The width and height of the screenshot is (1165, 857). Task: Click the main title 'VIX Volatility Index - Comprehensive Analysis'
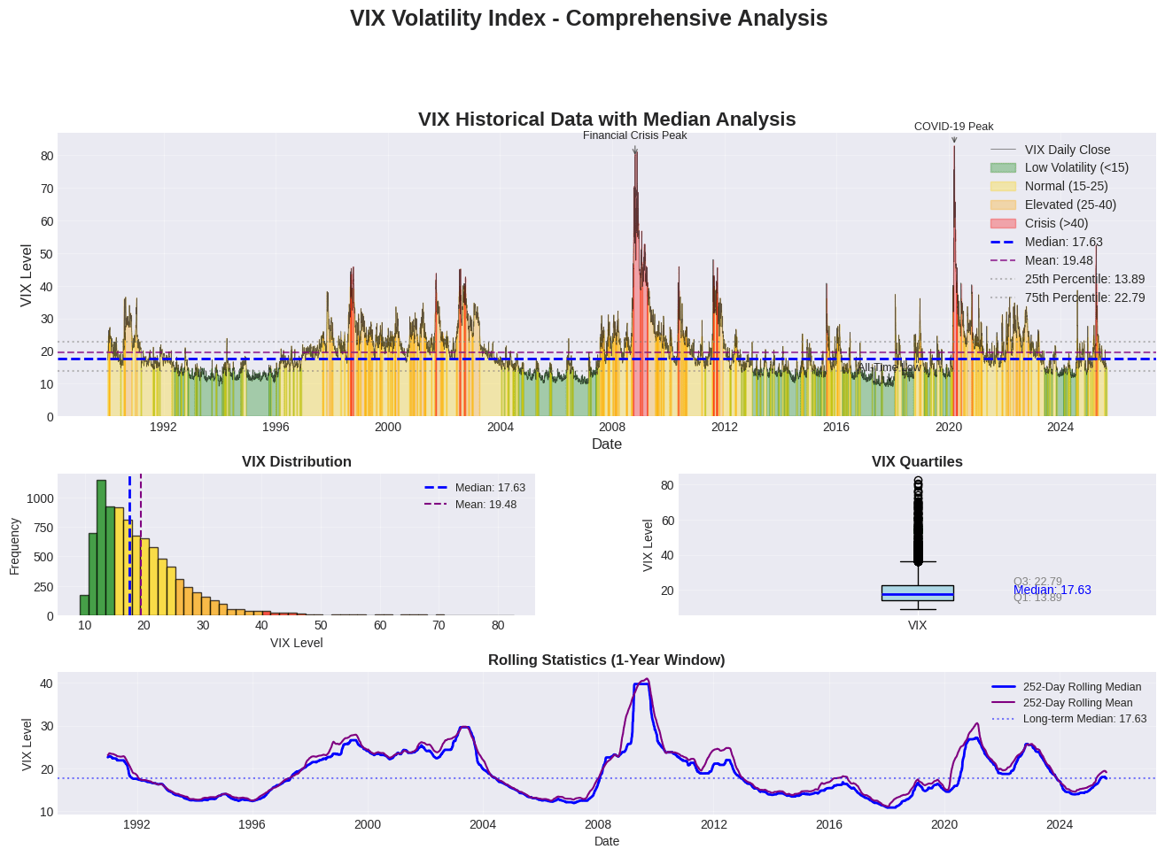(588, 19)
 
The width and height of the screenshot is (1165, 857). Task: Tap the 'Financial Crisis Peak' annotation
(634, 135)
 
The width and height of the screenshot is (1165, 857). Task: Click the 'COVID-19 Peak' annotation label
(953, 127)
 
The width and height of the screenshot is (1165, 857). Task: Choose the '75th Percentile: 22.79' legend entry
(1084, 297)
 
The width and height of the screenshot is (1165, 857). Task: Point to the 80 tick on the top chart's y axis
(47, 156)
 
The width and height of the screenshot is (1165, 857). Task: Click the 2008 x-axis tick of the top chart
(612, 427)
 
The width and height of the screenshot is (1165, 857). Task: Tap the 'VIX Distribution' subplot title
(296, 461)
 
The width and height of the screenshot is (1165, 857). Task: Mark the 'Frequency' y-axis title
(15, 545)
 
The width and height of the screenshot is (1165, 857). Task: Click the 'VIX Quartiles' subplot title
(917, 461)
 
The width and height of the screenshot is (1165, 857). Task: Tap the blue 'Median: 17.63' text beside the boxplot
(1052, 590)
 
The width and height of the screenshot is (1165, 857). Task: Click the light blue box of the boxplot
(917, 593)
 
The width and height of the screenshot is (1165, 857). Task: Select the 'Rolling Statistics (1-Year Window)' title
(606, 660)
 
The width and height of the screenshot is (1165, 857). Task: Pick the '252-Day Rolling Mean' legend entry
(1077, 703)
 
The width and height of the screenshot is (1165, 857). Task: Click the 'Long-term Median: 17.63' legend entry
(1084, 719)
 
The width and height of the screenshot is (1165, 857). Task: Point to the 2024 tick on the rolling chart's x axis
(1060, 824)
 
